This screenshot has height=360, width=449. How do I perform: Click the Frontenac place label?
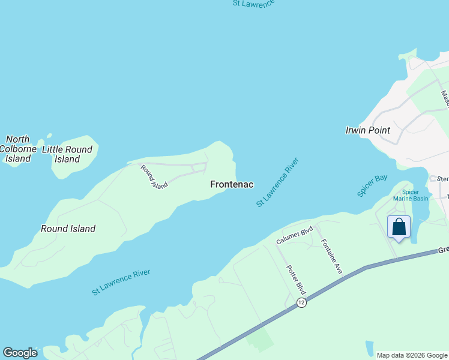pos(232,185)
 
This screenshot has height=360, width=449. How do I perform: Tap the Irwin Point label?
pos(368,130)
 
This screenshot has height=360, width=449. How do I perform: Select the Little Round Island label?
pos(67,154)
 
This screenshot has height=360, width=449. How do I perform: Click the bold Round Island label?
pos(68,229)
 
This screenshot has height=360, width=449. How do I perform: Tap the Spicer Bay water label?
pos(372,186)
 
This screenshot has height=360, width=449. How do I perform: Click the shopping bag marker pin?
pos(399,228)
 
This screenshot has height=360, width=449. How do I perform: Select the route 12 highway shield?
pos(301,304)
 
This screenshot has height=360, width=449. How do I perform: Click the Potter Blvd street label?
pos(297,280)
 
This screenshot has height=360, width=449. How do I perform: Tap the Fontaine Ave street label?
pos(331,257)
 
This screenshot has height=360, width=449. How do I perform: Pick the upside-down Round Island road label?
pos(154,178)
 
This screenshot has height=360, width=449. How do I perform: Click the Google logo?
pos(20,353)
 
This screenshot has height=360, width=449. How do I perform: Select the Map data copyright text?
pos(411,355)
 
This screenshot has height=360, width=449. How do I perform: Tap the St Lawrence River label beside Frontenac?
pos(277,182)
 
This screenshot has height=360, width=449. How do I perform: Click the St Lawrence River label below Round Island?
pos(121,282)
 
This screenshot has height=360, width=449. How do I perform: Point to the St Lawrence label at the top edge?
pos(253,3)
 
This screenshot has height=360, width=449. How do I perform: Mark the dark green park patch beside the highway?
pos(260,341)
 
